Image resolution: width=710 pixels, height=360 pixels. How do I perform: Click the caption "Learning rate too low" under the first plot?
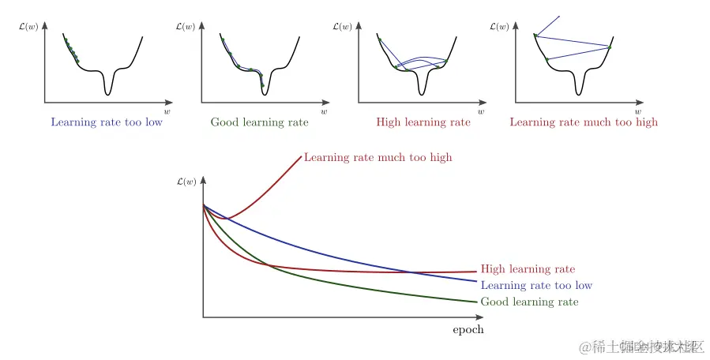(107, 122)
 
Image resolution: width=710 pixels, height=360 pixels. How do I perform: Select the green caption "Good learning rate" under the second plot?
(259, 122)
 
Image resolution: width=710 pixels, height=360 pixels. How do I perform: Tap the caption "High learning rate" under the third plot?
(423, 122)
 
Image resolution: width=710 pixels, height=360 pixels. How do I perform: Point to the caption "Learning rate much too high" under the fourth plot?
(584, 122)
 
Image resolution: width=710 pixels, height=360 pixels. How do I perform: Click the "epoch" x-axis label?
(468, 330)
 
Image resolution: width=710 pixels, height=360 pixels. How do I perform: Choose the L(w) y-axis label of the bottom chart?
(186, 182)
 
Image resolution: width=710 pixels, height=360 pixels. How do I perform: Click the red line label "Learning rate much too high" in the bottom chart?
(378, 157)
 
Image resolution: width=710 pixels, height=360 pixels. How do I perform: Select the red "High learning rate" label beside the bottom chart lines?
(528, 269)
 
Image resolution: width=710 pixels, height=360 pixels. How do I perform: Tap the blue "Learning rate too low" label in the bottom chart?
(536, 285)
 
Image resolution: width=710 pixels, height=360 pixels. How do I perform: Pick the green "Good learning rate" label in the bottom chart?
(529, 302)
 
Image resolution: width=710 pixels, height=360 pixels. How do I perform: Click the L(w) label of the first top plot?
(28, 27)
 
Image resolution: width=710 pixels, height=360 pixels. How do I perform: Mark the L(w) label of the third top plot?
(342, 27)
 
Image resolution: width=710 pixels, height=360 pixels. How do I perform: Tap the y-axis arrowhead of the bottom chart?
(204, 180)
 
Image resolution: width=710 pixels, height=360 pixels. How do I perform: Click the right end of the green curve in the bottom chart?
(476, 301)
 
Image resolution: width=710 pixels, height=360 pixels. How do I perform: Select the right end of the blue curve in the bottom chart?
(476, 281)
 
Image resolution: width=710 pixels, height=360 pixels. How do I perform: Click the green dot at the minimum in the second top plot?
(263, 84)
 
